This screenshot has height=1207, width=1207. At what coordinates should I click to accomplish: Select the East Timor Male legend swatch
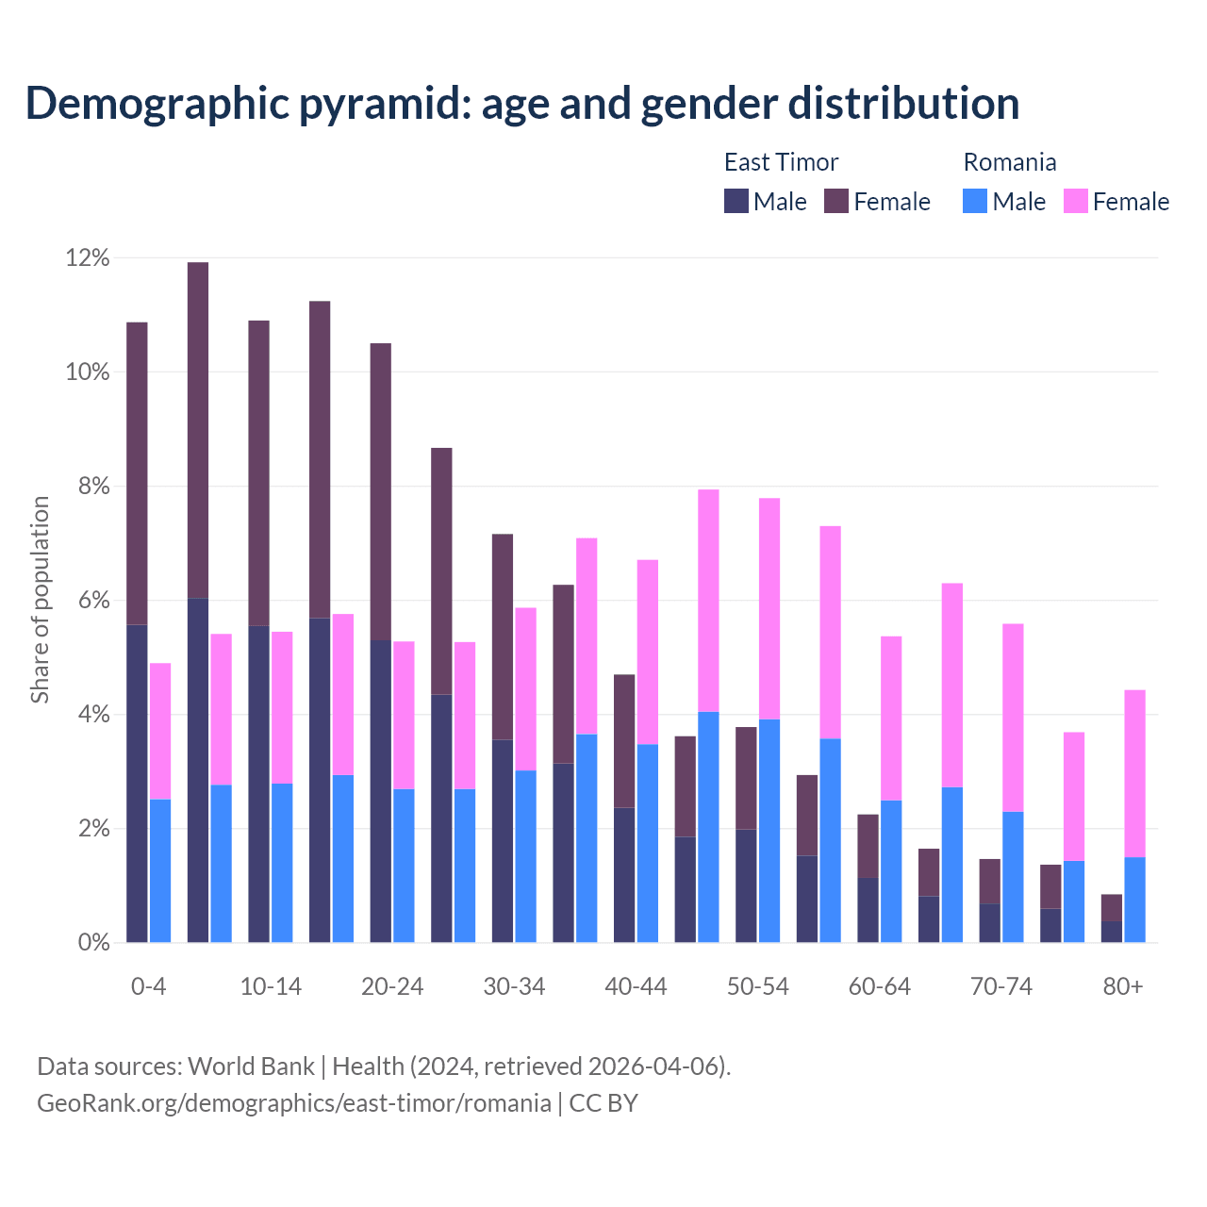coord(736,201)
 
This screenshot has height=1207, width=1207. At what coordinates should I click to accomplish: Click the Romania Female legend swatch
coord(1075,201)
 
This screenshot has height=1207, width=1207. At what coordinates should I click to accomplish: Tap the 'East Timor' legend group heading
coord(781,162)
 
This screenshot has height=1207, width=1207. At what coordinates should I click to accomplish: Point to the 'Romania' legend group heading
coord(1009,162)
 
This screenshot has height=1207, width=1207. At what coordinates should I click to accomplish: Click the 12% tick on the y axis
coord(88,257)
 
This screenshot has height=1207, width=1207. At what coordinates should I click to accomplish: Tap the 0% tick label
coord(93,942)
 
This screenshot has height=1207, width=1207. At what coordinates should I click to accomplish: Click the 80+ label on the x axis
coord(1123,986)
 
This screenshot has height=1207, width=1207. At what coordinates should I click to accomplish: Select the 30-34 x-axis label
coord(514,986)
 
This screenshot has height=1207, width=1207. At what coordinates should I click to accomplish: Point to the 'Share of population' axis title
coord(40,600)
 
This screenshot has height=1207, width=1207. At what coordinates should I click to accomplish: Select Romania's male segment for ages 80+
coord(1134,900)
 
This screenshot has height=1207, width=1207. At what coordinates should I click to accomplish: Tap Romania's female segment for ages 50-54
coord(769,608)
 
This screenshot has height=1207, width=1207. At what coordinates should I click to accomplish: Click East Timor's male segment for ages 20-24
coord(381,792)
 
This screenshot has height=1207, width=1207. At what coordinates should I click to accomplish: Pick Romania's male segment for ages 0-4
coord(160,871)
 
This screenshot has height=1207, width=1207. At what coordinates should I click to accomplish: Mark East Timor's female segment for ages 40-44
coord(624,741)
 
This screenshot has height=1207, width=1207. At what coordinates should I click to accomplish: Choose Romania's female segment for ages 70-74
coord(1013,718)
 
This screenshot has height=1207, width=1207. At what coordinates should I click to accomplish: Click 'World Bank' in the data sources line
coord(251,1066)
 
